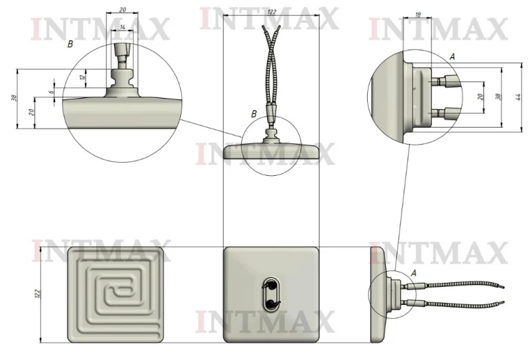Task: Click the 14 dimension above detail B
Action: click(122, 27)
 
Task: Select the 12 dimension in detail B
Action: click(82, 78)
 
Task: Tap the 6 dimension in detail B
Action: click(51, 92)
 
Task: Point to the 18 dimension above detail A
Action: click(418, 14)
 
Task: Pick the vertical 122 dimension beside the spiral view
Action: click(37, 294)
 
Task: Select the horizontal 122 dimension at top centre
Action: click(272, 12)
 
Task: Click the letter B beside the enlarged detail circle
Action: click(70, 44)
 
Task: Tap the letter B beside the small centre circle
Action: click(254, 114)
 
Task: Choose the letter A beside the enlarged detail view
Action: click(452, 57)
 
